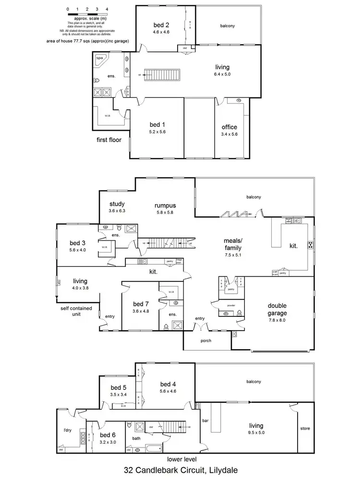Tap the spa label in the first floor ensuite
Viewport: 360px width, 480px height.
click(100, 58)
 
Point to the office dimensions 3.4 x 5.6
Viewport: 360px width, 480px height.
click(229, 134)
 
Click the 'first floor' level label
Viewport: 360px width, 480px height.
click(108, 140)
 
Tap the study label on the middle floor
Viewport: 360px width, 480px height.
click(117, 204)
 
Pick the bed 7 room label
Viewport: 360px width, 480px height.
click(141, 304)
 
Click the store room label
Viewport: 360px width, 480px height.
click(304, 429)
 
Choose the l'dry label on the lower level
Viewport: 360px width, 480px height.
click(67, 430)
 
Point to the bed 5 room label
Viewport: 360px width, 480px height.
click(118, 387)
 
